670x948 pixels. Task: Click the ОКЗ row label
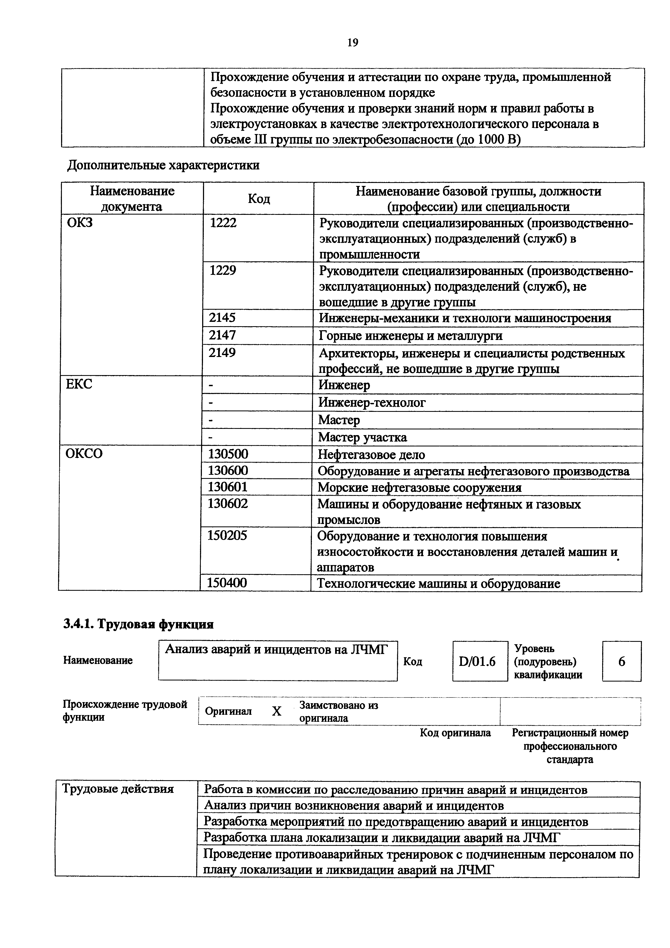coord(80,223)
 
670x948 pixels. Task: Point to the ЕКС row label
coord(79,384)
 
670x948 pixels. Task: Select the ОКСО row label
coord(84,453)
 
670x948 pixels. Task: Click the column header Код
coord(259,199)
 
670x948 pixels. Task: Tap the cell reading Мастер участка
coord(362,437)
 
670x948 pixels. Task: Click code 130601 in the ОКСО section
coord(228,487)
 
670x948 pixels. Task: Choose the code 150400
coord(227,583)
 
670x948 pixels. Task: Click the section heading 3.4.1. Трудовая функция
coord(138,624)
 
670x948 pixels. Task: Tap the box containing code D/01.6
coord(480,662)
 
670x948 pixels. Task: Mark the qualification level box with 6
coord(621,662)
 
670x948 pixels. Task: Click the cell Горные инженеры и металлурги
coord(411,336)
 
